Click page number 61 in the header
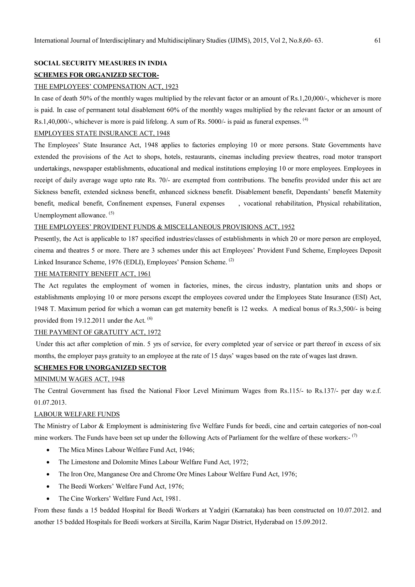378,40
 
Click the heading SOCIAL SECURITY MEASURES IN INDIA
101,63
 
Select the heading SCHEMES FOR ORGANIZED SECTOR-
96,75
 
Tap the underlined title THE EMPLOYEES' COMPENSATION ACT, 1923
106,87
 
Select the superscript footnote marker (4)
305,119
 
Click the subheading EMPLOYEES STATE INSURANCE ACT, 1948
102,133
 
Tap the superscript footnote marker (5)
111,213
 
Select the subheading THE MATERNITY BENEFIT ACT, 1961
92,274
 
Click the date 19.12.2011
90,321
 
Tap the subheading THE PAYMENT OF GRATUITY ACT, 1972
97,332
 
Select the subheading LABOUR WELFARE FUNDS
77,414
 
